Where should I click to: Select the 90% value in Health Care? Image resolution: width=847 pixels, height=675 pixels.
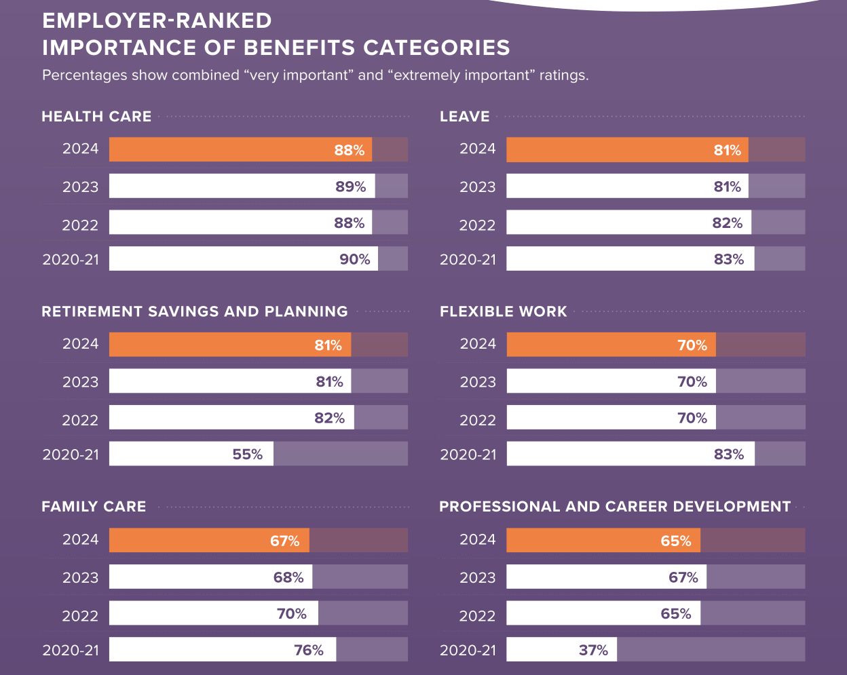pyautogui.click(x=355, y=259)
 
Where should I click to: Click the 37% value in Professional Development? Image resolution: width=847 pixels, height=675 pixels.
pyautogui.click(x=593, y=650)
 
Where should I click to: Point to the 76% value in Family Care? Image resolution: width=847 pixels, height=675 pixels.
pyautogui.click(x=309, y=650)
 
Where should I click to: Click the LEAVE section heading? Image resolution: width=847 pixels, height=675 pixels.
pyautogui.click(x=464, y=117)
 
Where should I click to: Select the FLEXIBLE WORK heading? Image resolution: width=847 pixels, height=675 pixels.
pyautogui.click(x=503, y=311)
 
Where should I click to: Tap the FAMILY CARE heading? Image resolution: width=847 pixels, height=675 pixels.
pyautogui.click(x=94, y=507)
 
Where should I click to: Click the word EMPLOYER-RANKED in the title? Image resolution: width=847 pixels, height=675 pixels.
pyautogui.click(x=157, y=21)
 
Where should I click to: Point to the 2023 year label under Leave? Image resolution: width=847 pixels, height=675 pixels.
pyautogui.click(x=477, y=187)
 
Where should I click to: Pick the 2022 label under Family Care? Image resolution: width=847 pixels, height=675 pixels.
pyautogui.click(x=80, y=615)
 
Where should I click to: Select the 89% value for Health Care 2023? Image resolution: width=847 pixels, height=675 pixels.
pyautogui.click(x=350, y=187)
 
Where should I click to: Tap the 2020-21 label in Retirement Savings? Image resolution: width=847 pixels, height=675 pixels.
pyautogui.click(x=71, y=455)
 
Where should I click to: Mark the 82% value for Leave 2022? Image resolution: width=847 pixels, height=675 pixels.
pyautogui.click(x=728, y=223)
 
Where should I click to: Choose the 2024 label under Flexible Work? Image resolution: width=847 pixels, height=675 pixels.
pyautogui.click(x=478, y=344)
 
